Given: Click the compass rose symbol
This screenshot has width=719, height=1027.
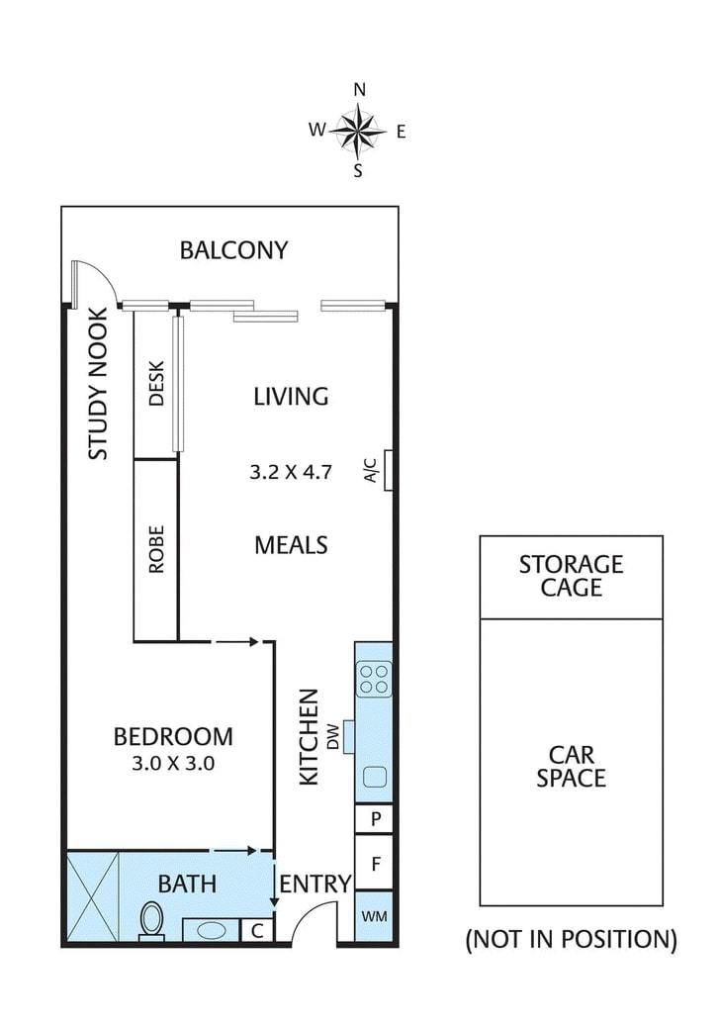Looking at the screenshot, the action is pyautogui.click(x=358, y=131).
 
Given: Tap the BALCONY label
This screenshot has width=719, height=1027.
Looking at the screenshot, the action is pyautogui.click(x=233, y=250).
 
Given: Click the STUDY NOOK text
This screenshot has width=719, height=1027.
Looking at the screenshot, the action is pyautogui.click(x=98, y=384).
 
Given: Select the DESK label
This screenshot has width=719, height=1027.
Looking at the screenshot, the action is pyautogui.click(x=156, y=384).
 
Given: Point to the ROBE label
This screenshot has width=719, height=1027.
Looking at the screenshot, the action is pyautogui.click(x=156, y=549).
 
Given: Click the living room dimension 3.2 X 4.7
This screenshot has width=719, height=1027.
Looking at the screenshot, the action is pyautogui.click(x=291, y=472).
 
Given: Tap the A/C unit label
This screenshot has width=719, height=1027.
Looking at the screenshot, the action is pyautogui.click(x=371, y=470).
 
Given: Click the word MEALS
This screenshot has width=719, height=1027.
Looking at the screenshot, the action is pyautogui.click(x=291, y=545).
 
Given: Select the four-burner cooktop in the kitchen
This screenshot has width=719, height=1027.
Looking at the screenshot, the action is pyautogui.click(x=374, y=679).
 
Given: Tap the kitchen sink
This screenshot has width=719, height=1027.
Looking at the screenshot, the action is pyautogui.click(x=375, y=777).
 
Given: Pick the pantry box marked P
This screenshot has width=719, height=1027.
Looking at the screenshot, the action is pyautogui.click(x=374, y=818).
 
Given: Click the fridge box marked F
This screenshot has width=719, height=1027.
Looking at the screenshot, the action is pyautogui.click(x=374, y=864).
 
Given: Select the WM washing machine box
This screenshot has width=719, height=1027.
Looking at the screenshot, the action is pyautogui.click(x=374, y=916).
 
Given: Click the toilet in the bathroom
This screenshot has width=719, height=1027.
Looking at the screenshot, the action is pyautogui.click(x=152, y=921).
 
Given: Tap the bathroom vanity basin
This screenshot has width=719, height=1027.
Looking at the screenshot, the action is pyautogui.click(x=211, y=930).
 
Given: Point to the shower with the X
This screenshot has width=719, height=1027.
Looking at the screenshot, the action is pyautogui.click(x=93, y=896).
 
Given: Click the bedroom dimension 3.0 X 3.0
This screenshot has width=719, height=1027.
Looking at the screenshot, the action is pyautogui.click(x=173, y=763).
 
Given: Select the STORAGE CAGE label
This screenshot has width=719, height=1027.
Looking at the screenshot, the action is pyautogui.click(x=571, y=576).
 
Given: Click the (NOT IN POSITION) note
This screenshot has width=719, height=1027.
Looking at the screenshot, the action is pyautogui.click(x=571, y=939).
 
